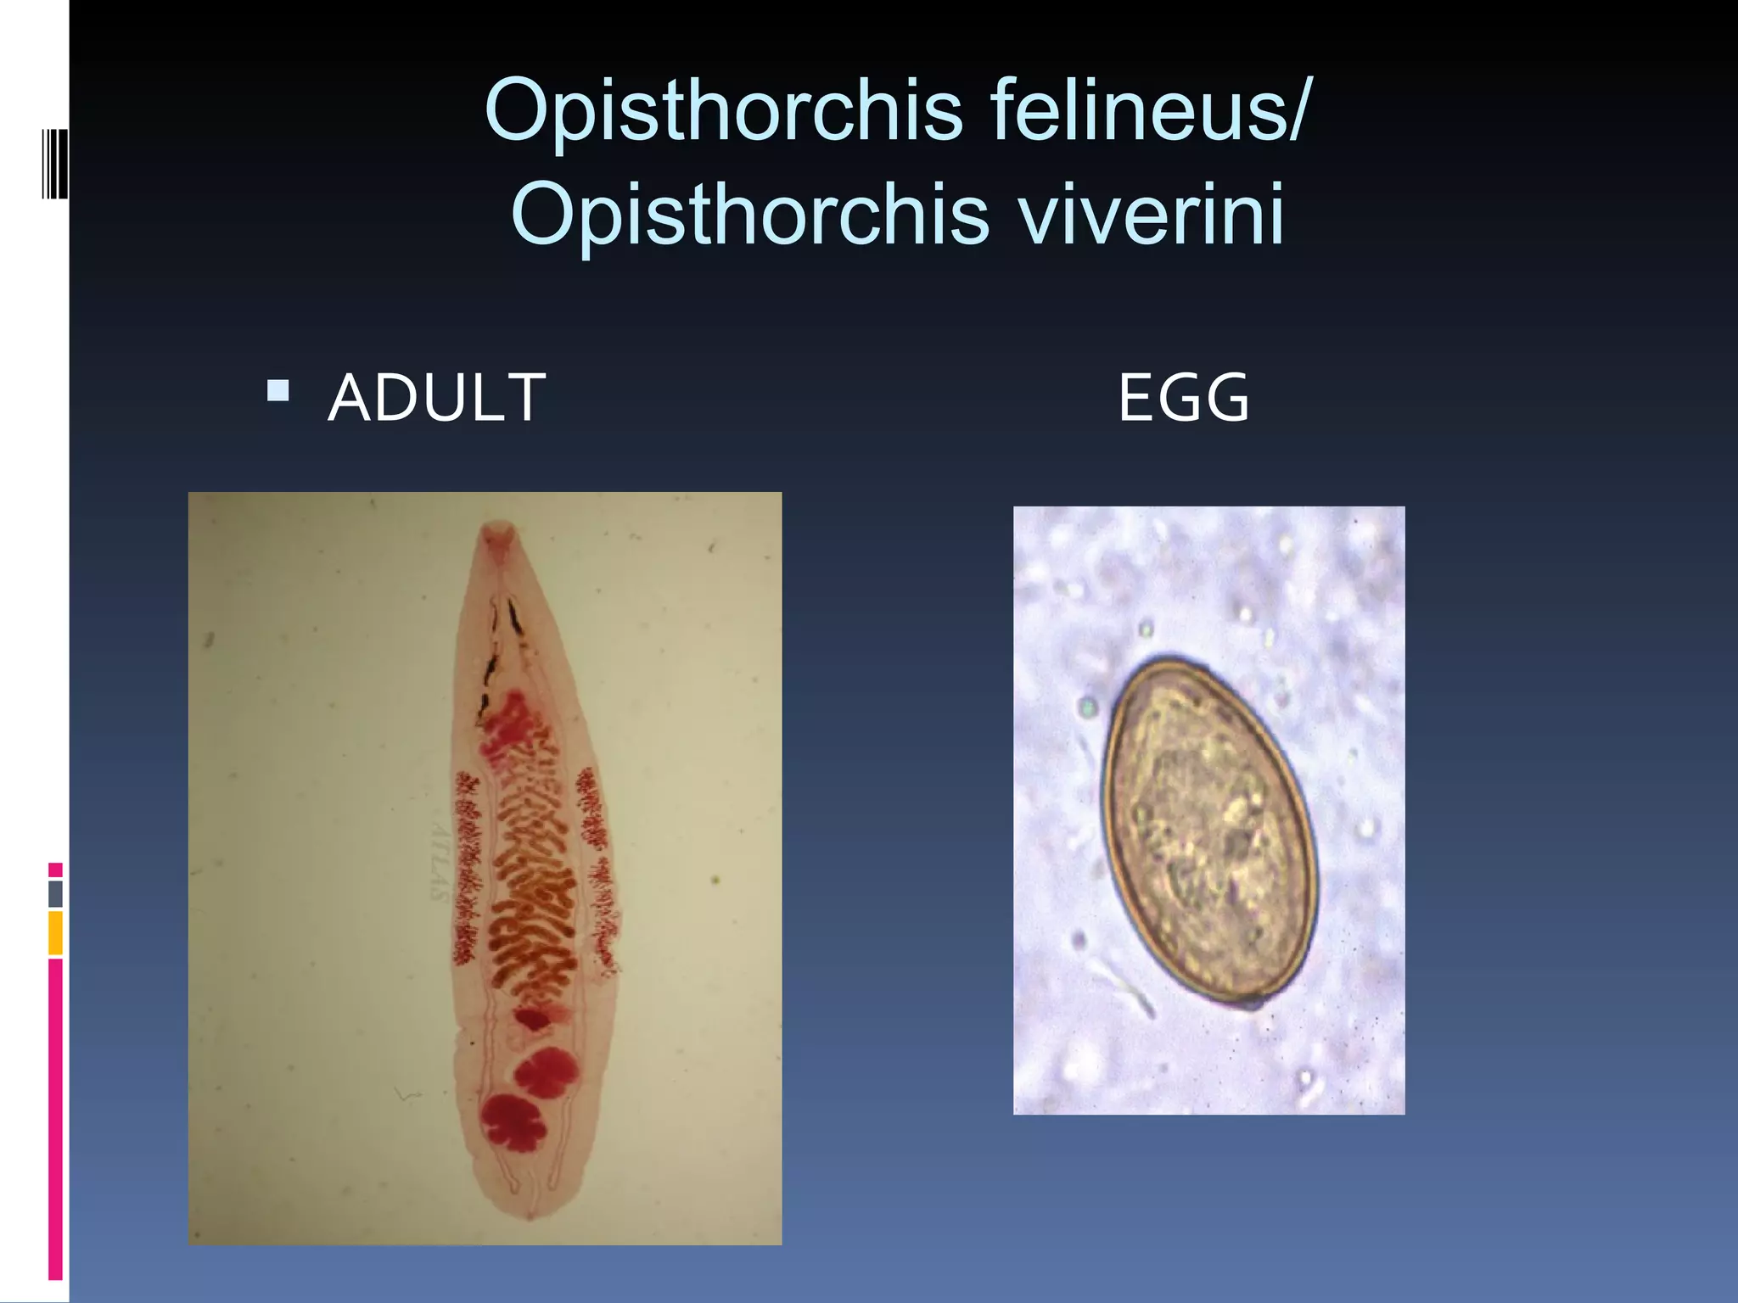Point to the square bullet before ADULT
click(278, 391)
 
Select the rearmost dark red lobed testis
click(513, 1121)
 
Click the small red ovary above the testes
click(532, 1018)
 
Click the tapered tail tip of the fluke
click(530, 1214)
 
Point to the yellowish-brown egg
click(1208, 831)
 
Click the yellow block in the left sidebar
click(56, 932)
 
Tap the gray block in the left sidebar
click(56, 893)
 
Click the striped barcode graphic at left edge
click(54, 163)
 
